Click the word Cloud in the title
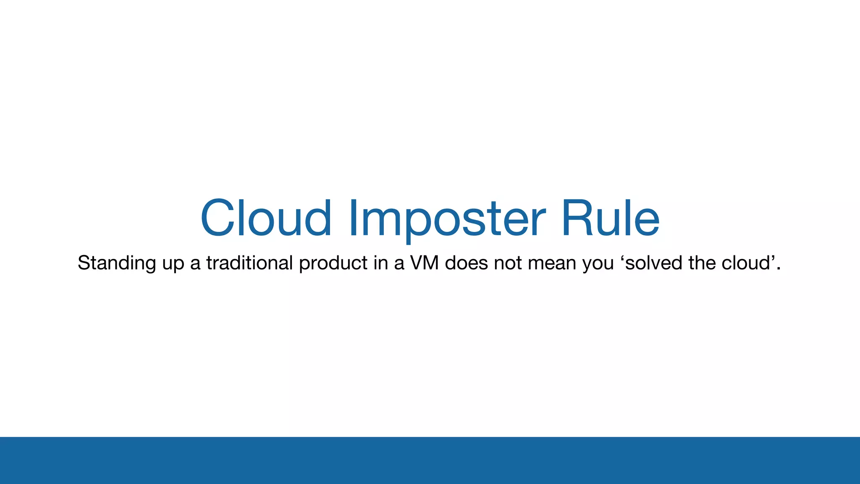[266, 218]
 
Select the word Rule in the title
[610, 218]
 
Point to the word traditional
[249, 263]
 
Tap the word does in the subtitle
[466, 263]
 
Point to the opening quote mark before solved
[623, 256]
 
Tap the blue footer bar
[430, 460]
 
